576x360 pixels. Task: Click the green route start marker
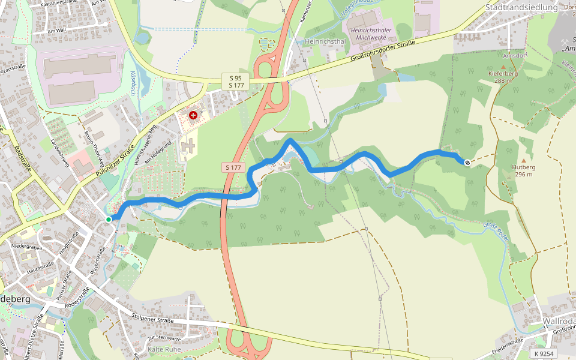[109, 220]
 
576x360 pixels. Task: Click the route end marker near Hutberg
[467, 161]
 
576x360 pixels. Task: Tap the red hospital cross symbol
[193, 115]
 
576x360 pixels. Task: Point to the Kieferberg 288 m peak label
[503, 77]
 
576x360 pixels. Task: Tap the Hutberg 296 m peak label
[523, 170]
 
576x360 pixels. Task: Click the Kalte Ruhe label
[164, 349]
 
